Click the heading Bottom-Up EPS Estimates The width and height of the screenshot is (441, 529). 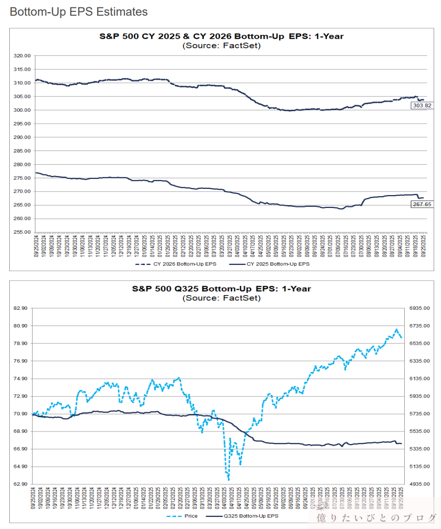(78, 12)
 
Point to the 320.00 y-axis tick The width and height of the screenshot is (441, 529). (23, 56)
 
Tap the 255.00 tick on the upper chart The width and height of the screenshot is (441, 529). (23, 232)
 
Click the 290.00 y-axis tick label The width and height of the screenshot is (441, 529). (23, 137)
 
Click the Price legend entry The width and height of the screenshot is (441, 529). (189, 516)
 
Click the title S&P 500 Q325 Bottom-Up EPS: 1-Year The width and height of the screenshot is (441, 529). (221, 289)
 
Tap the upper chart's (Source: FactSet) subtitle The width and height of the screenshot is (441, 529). (221, 46)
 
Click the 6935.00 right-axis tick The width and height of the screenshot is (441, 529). (419, 308)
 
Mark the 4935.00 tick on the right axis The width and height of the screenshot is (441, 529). (419, 484)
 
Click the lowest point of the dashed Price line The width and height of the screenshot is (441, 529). (228, 479)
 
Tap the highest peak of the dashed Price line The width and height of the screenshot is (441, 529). (396, 329)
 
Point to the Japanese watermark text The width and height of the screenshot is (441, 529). (376, 518)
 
